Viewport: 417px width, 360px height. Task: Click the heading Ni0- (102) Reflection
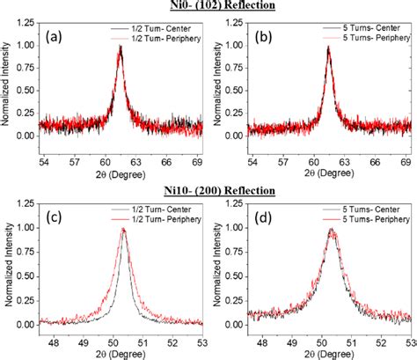pyautogui.click(x=208, y=7)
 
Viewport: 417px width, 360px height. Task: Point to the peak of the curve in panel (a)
pyautogui.click(x=121, y=47)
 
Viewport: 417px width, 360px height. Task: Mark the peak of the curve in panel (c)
pyautogui.click(x=124, y=229)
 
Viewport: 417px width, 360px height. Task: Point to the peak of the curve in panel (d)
pyautogui.click(x=331, y=229)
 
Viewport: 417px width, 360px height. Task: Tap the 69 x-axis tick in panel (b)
pyautogui.click(x=407, y=163)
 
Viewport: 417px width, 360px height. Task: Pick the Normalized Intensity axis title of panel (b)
pyautogui.click(x=215, y=87)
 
